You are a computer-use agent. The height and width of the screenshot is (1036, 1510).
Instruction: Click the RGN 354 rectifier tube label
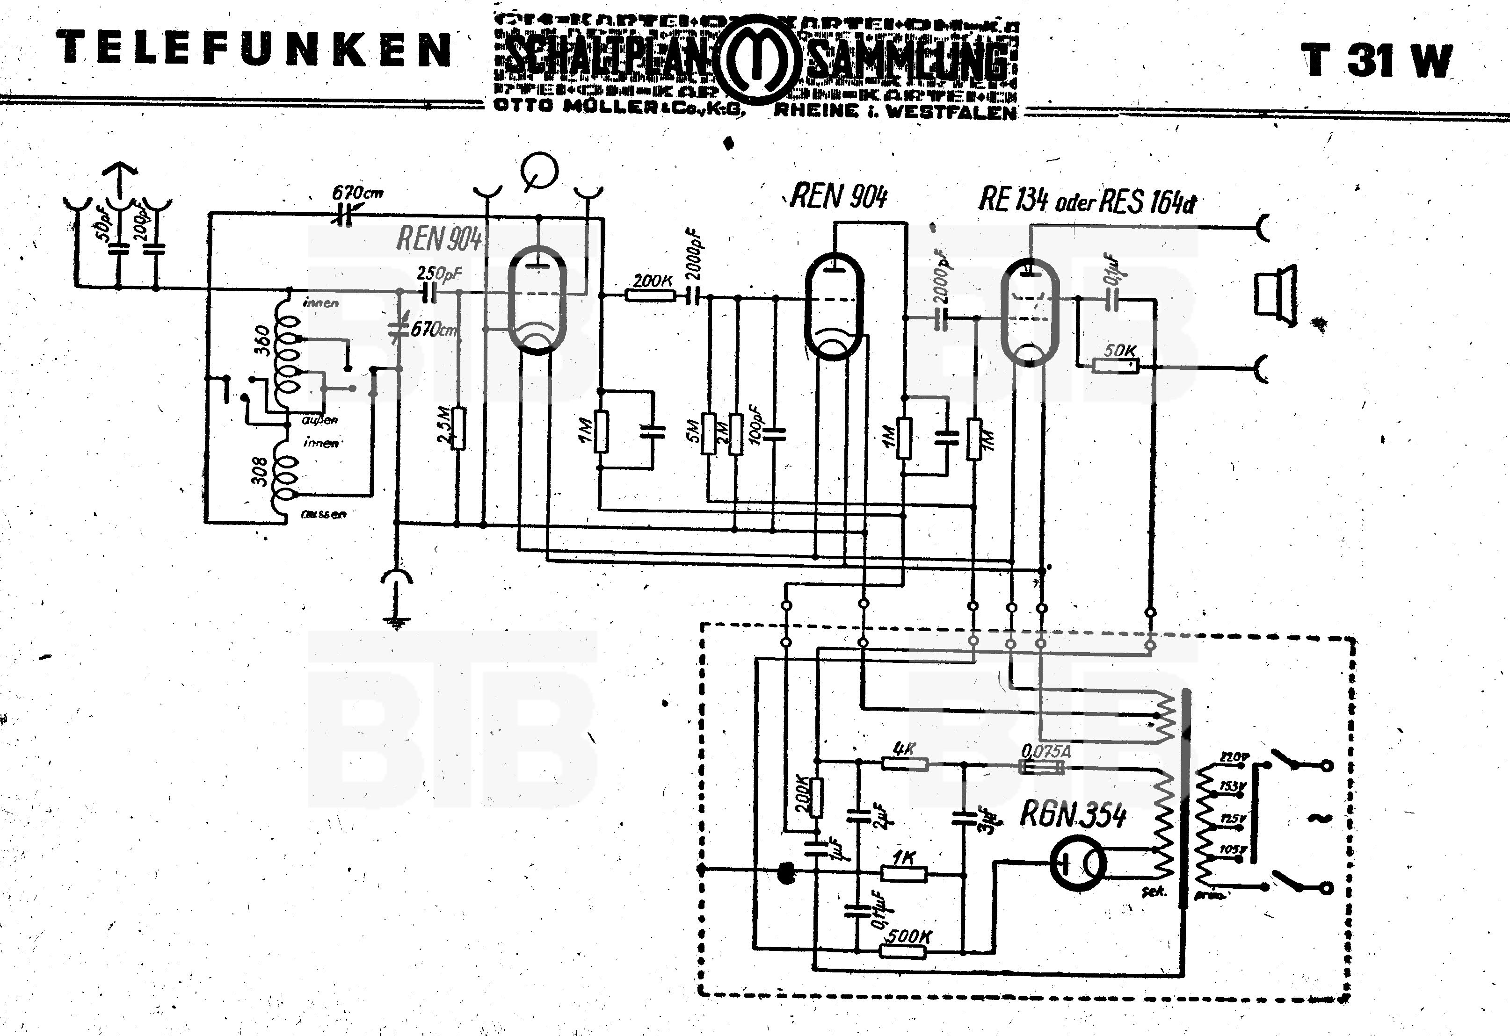(x=1073, y=814)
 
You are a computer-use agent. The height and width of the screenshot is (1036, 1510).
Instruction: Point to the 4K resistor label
(x=904, y=749)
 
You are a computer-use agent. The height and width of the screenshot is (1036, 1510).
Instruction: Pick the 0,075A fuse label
(x=1045, y=751)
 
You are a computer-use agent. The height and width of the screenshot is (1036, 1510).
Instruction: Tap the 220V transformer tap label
(x=1234, y=757)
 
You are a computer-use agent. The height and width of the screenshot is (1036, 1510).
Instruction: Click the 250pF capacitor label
(x=439, y=273)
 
